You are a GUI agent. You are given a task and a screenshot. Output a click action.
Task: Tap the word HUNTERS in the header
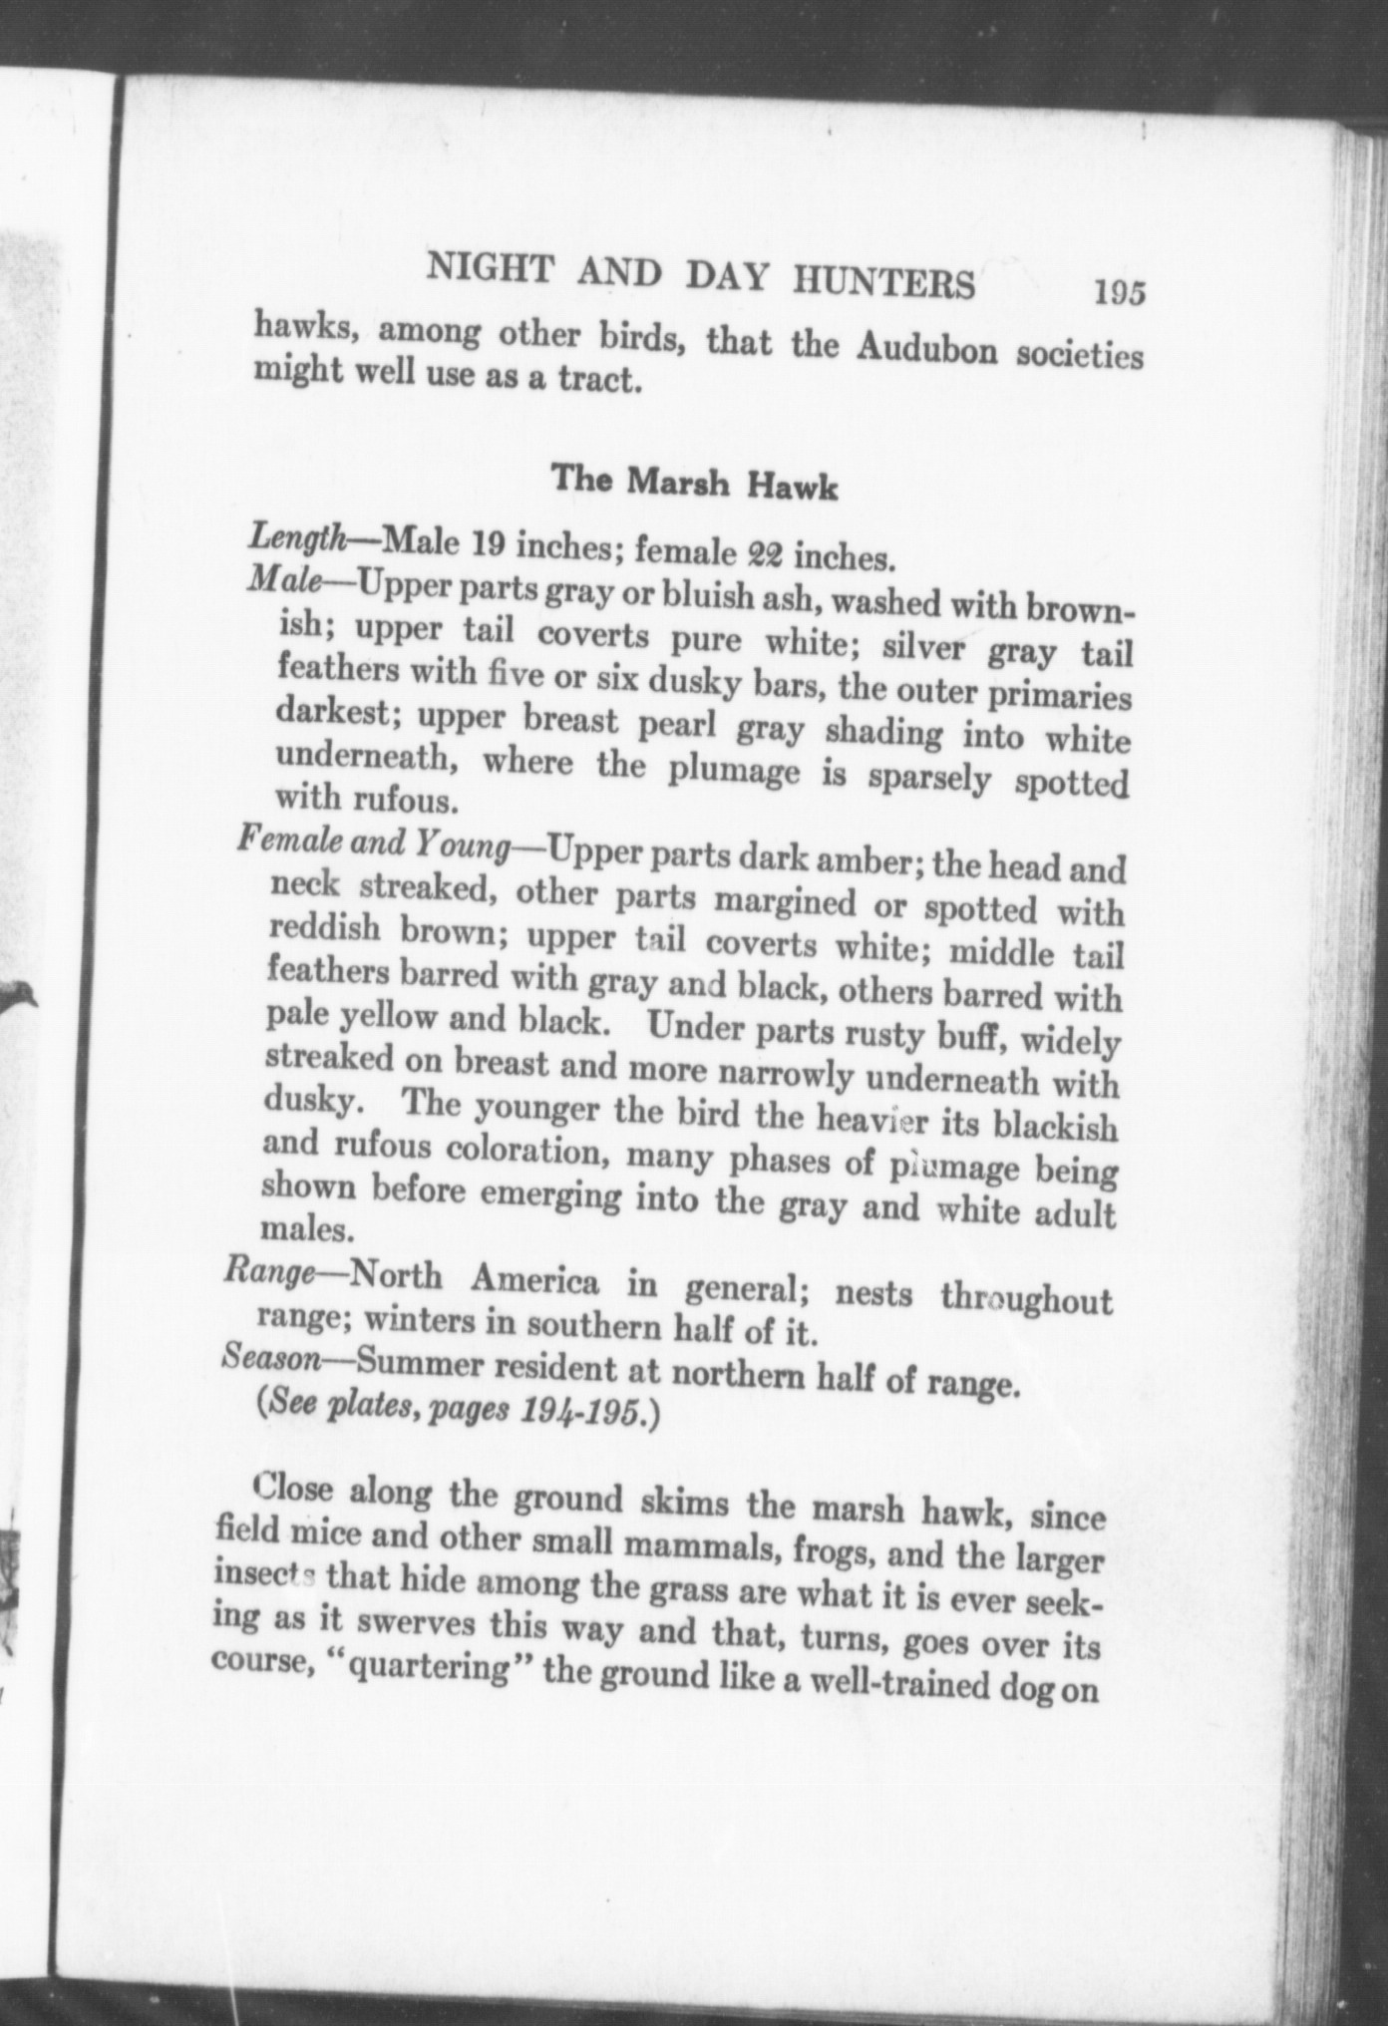883,283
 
